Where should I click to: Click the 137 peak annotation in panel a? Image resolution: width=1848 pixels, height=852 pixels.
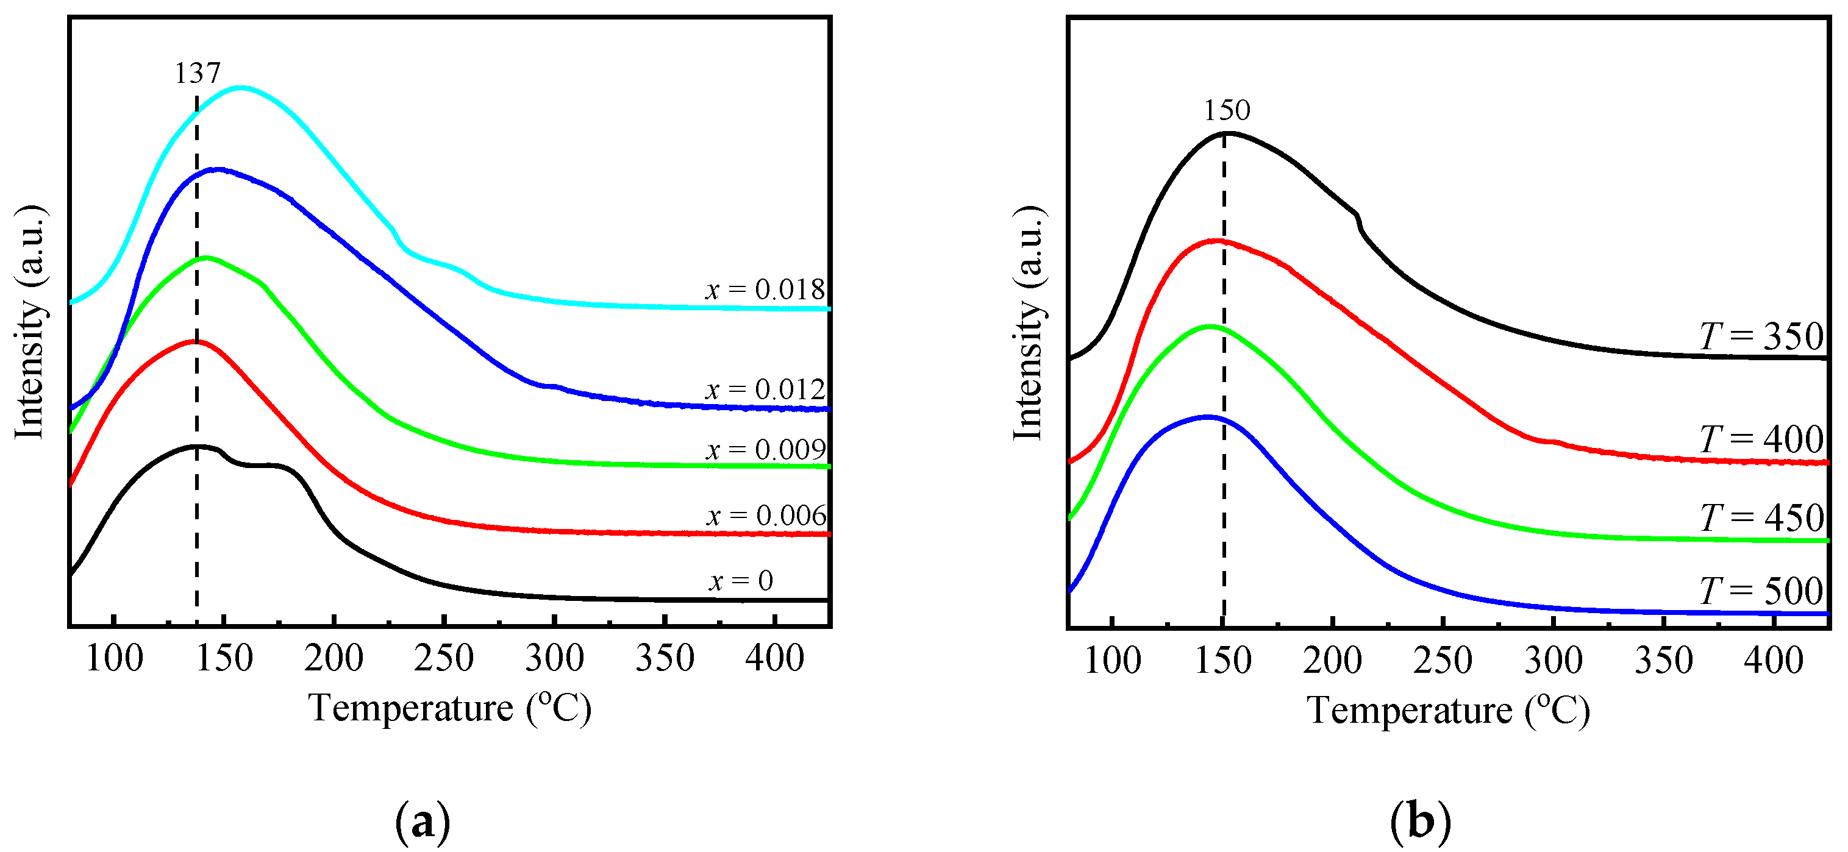pyautogui.click(x=198, y=73)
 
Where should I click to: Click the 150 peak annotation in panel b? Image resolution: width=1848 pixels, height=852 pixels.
pyautogui.click(x=1227, y=110)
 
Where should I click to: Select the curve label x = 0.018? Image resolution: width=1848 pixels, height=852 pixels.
pyautogui.click(x=765, y=289)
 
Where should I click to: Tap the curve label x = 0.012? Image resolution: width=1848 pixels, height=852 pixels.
pyautogui.click(x=765, y=389)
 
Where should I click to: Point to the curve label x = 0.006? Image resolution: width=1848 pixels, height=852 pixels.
pyautogui.click(x=767, y=516)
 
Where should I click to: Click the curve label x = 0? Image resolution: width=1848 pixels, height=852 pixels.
pyautogui.click(x=741, y=581)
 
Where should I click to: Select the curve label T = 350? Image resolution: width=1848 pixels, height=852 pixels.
pyautogui.click(x=1761, y=336)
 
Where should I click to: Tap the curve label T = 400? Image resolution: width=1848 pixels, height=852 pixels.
pyautogui.click(x=1761, y=439)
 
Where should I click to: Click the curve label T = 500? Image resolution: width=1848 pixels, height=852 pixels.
pyautogui.click(x=1761, y=591)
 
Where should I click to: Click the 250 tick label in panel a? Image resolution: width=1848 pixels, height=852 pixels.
pyautogui.click(x=444, y=658)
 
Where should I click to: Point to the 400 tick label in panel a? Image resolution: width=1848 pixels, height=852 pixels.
pyautogui.click(x=775, y=658)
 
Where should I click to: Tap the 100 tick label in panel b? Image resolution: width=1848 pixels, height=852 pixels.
pyautogui.click(x=1112, y=661)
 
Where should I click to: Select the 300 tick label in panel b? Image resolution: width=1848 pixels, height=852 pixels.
pyautogui.click(x=1553, y=661)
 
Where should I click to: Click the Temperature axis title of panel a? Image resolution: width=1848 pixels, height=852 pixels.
pyautogui.click(x=450, y=709)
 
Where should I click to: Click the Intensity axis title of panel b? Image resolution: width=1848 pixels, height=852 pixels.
pyautogui.click(x=1028, y=323)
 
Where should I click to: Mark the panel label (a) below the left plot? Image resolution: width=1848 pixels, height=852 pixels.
pyautogui.click(x=423, y=823)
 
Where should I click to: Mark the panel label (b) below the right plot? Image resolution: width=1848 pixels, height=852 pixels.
pyautogui.click(x=1421, y=823)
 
